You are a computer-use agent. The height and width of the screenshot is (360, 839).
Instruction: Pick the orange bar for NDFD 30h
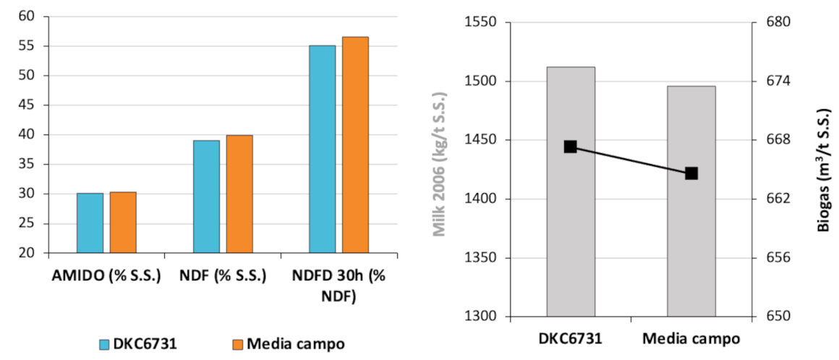pyautogui.click(x=355, y=145)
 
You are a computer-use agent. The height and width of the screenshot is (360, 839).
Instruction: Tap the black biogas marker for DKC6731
pyautogui.click(x=570, y=147)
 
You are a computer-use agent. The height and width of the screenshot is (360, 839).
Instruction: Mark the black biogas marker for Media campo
pyautogui.click(x=691, y=173)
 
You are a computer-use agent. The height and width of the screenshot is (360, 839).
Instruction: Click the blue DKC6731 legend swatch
pyautogui.click(x=104, y=344)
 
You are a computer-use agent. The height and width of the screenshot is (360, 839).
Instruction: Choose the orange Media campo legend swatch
pyautogui.click(x=237, y=344)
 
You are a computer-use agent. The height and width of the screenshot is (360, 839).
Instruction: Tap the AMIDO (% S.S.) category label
pyautogui.click(x=106, y=276)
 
